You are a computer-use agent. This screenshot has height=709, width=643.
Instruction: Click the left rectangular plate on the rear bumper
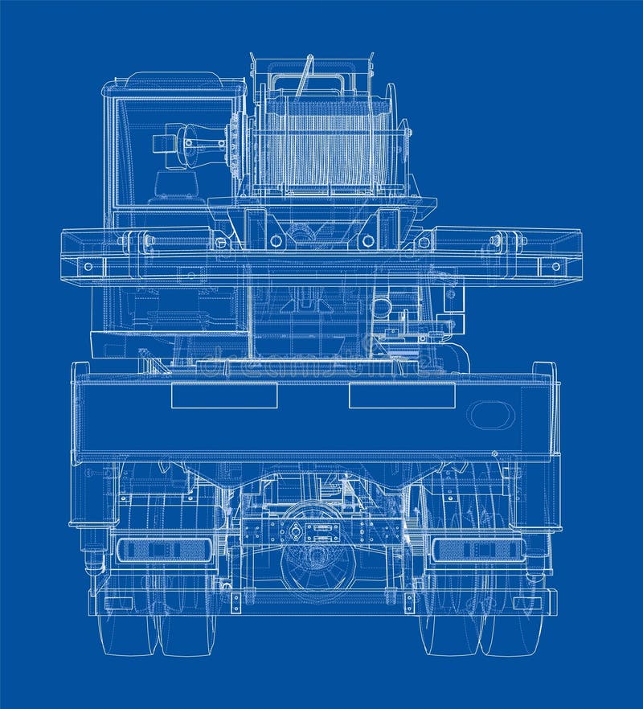point(224,395)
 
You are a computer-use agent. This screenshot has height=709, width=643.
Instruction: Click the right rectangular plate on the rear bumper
point(402,395)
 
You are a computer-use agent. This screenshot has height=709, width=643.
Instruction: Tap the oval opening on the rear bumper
point(492,415)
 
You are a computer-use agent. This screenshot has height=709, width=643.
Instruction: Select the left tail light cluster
point(164,550)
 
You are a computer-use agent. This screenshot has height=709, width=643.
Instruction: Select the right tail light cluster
point(479,550)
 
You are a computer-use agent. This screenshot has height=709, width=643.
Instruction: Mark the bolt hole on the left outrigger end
point(88,266)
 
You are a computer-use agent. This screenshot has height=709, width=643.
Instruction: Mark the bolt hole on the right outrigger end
point(554,266)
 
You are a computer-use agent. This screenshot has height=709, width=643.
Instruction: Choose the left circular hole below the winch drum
point(276,240)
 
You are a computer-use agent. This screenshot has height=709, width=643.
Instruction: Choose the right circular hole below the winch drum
point(368,240)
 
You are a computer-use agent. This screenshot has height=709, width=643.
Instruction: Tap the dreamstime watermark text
point(313,367)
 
